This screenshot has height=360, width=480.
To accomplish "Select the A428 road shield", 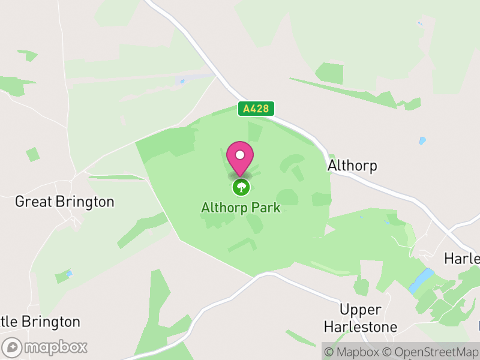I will [x=257, y=109].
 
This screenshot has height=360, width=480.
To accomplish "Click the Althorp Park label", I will [x=241, y=208].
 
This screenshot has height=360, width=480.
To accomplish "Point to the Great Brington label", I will [x=64, y=202].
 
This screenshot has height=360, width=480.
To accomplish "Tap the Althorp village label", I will [x=353, y=166].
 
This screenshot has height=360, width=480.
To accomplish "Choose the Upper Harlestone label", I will [x=360, y=319].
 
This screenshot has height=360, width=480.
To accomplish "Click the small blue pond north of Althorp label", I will [x=422, y=141].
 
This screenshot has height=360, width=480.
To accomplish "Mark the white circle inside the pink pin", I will [x=240, y=155].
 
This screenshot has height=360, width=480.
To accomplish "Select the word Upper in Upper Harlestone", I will [x=360, y=310].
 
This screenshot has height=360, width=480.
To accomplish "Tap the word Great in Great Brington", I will [x=33, y=202].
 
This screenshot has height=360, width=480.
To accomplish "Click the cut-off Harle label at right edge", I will [x=462, y=259].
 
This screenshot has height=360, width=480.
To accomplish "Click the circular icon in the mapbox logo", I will [x=12, y=347].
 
